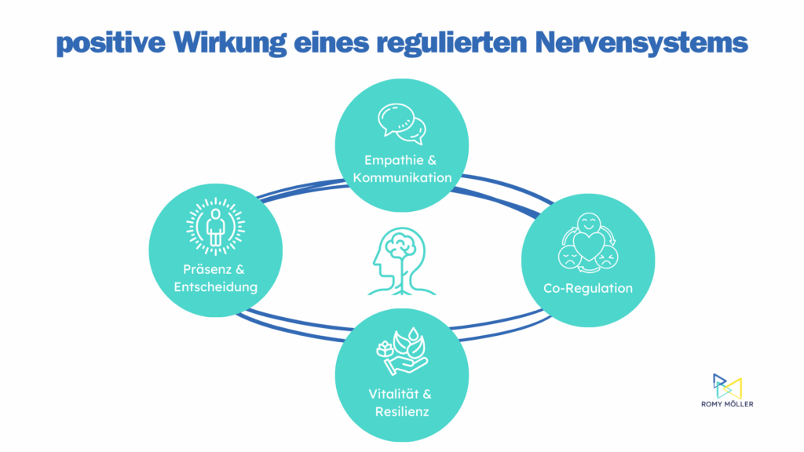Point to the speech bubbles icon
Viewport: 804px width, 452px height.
pos(401,122)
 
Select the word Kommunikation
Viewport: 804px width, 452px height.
pos(402,177)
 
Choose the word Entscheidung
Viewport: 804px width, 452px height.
pos(216,287)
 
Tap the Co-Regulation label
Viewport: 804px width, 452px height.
pos(588,288)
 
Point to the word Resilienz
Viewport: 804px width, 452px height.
pos(402,410)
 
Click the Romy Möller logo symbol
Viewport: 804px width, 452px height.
pos(726,386)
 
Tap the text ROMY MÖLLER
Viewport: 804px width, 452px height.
pos(726,405)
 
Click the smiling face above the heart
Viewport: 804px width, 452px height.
pos(587,224)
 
